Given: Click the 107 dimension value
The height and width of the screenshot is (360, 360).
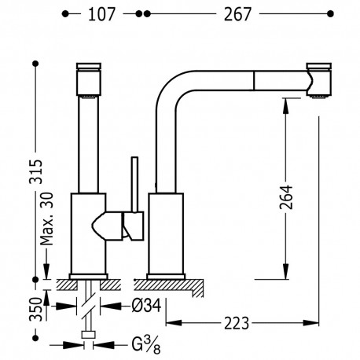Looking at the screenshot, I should (101, 14).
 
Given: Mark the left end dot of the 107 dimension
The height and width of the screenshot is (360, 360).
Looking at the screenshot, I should (66, 14).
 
